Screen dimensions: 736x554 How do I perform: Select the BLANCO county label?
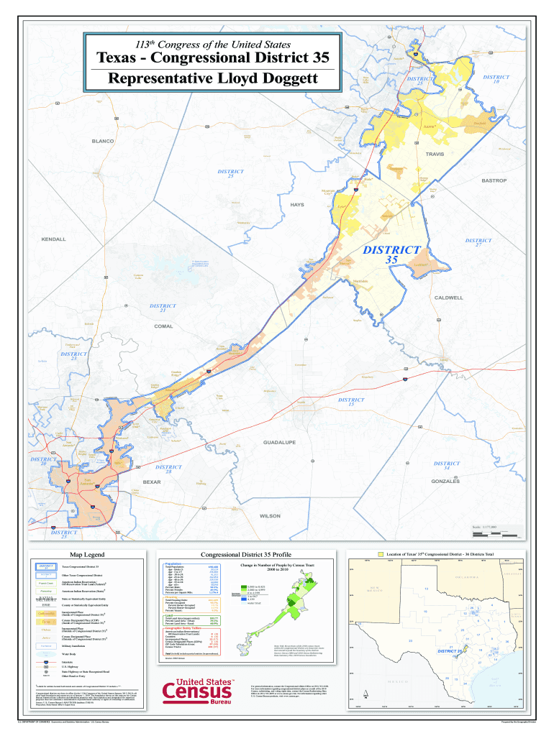coord(102,142)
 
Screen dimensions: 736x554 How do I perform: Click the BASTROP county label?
coord(494,180)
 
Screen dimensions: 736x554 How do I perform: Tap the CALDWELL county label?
coord(448,297)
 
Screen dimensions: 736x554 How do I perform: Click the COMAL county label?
coord(163,326)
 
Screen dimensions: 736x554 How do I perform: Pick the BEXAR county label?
coord(152,481)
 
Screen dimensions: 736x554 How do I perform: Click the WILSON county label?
coord(270,516)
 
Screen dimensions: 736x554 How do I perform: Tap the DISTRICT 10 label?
coord(496,79)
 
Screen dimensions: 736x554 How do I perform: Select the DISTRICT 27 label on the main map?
coord(478,243)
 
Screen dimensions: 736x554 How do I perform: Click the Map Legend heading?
coord(87,555)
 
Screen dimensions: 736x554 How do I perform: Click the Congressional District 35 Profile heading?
coord(245,555)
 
